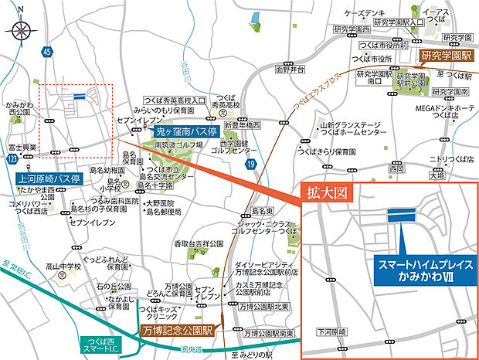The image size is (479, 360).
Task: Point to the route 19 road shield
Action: point(250,164)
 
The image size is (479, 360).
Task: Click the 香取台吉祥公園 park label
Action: point(199,244)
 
